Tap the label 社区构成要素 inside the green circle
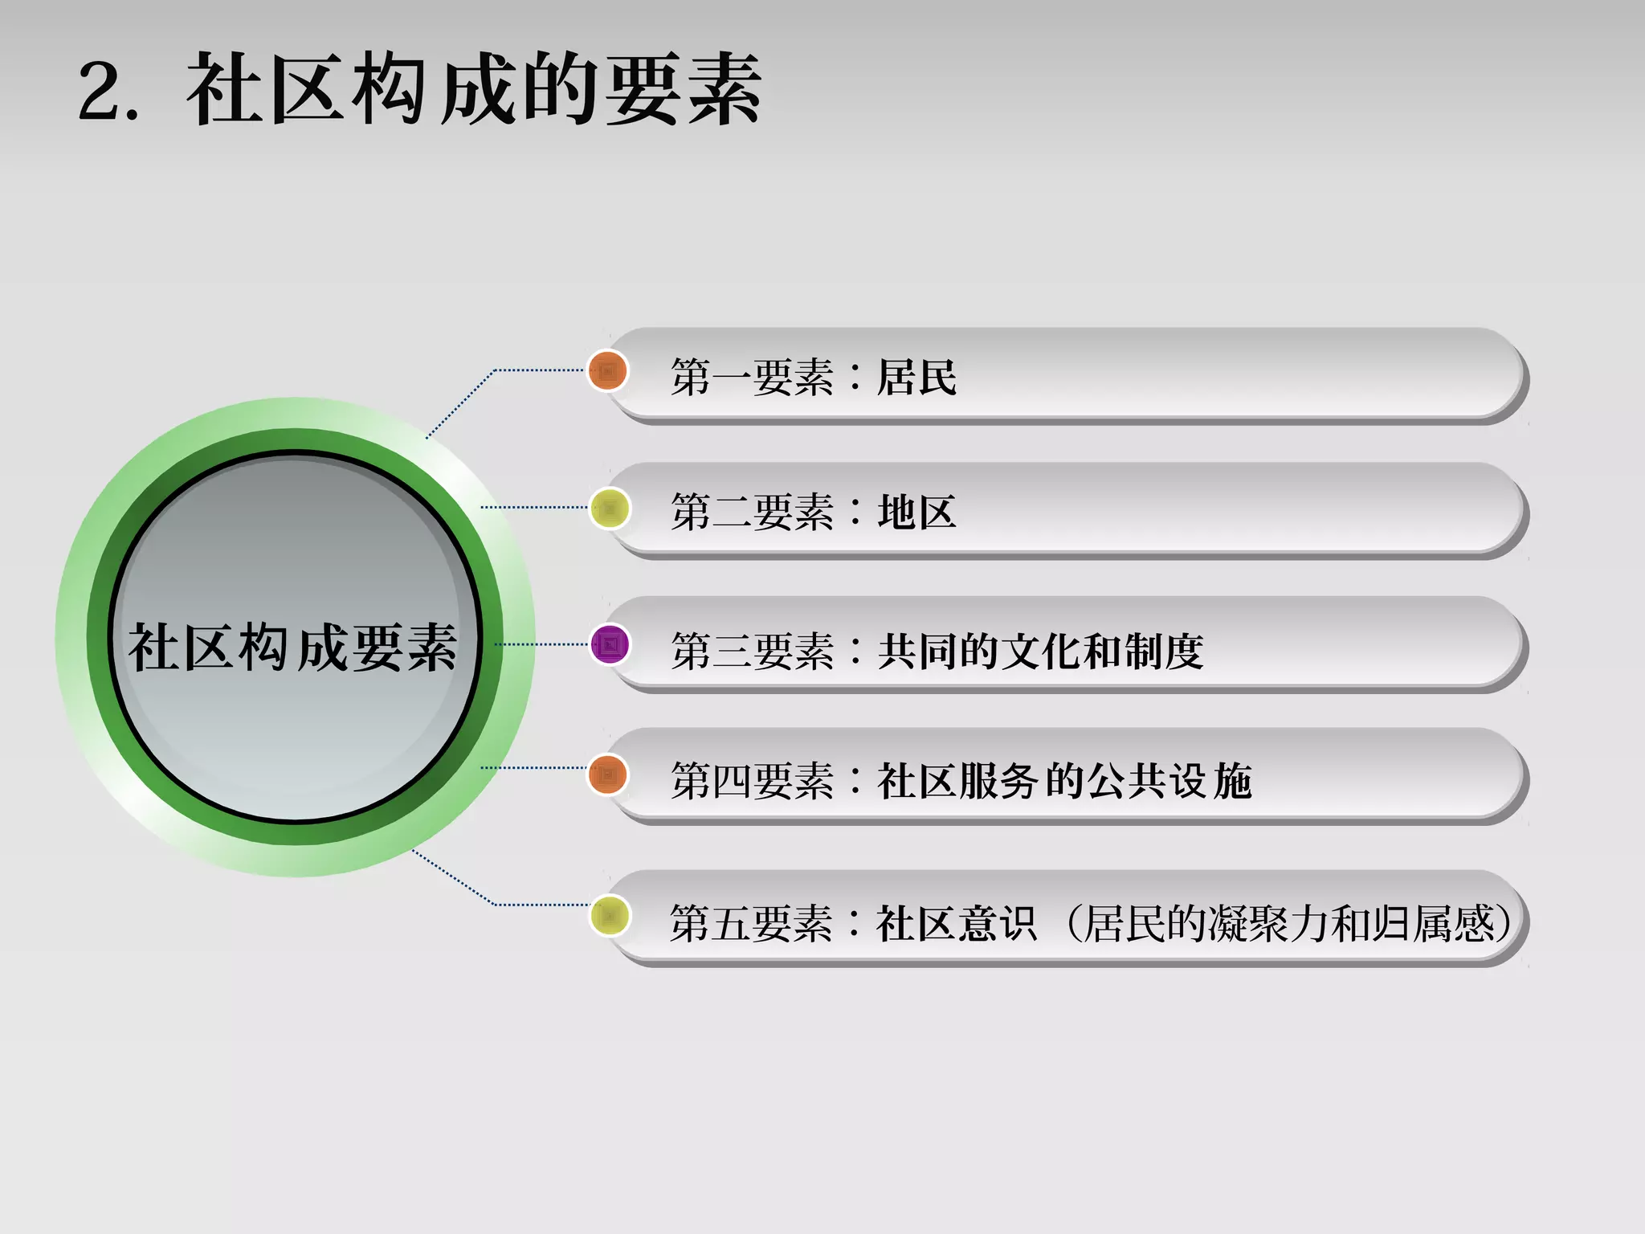pyautogui.click(x=293, y=648)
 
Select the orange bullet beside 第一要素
pyautogui.click(x=607, y=371)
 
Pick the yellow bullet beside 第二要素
pyautogui.click(x=609, y=509)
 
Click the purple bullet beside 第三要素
pyautogui.click(x=609, y=644)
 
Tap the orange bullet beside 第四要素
pyautogui.click(x=607, y=775)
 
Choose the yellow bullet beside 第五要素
pyautogui.click(x=609, y=915)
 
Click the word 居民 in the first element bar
pyautogui.click(x=916, y=377)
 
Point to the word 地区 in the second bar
pyautogui.click(x=916, y=512)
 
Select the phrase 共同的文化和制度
pyautogui.click(x=1040, y=651)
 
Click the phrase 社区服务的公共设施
pyautogui.click(x=1064, y=781)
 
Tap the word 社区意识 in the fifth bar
pyautogui.click(x=956, y=923)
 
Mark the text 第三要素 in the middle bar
pyautogui.click(x=753, y=651)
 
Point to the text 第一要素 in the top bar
pyautogui.click(x=753, y=377)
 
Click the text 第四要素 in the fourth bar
pyautogui.click(x=753, y=781)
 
